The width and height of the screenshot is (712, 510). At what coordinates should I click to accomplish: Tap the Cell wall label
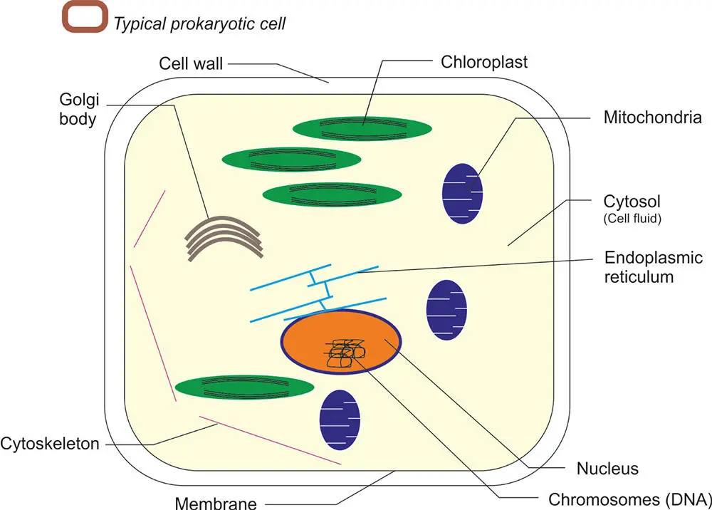190,64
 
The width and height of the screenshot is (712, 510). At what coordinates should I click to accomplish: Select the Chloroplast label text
483,62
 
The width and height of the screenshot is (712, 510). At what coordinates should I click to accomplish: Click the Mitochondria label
652,118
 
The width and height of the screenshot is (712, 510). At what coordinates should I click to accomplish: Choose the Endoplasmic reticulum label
652,267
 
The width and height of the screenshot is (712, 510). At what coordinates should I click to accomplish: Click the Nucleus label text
607,469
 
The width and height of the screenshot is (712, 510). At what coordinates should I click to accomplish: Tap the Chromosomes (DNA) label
629,496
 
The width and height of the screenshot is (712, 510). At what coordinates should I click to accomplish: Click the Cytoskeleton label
49,444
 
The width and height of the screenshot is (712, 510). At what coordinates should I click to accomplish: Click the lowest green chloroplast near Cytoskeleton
245,387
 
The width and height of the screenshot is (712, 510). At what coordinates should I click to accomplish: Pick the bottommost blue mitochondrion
340,420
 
